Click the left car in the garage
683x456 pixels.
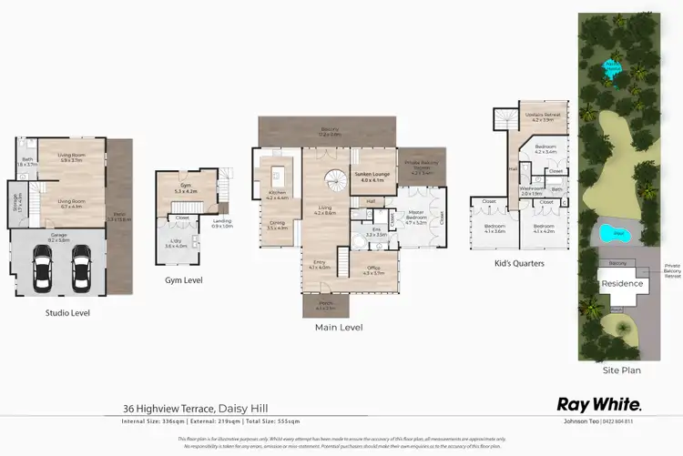tap(43, 268)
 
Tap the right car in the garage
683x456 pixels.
tap(79, 268)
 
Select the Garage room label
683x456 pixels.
tap(58, 239)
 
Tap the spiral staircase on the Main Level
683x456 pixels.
tap(337, 181)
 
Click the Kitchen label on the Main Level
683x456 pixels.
tap(276, 194)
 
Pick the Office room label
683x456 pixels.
tap(373, 270)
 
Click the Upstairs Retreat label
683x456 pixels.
tap(542, 117)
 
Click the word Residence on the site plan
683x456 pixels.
tap(622, 283)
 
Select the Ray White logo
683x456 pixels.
tap(599, 404)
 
